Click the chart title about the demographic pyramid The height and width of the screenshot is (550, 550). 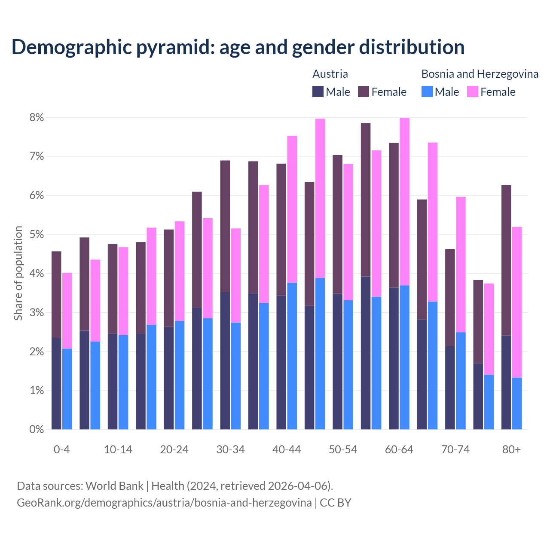tap(238, 47)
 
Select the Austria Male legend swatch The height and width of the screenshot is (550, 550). tap(318, 92)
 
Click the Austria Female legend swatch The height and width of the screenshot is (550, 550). tap(364, 92)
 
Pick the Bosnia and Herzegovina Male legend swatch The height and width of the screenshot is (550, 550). tap(427, 92)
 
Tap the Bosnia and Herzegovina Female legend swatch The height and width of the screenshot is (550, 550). tap(472, 92)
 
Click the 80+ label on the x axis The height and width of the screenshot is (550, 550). tap(511, 450)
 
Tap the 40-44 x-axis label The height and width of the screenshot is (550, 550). tap(287, 450)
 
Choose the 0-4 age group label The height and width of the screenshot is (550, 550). tap(61, 450)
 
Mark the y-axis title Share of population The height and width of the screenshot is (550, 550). tap(18, 273)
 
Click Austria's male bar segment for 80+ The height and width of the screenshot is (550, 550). tap(506, 382)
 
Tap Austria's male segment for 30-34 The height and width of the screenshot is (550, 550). tap(225, 361)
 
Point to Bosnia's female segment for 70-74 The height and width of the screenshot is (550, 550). tap(461, 264)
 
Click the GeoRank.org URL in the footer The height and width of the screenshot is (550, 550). tap(164, 503)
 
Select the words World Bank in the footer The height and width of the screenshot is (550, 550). tap(114, 486)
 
